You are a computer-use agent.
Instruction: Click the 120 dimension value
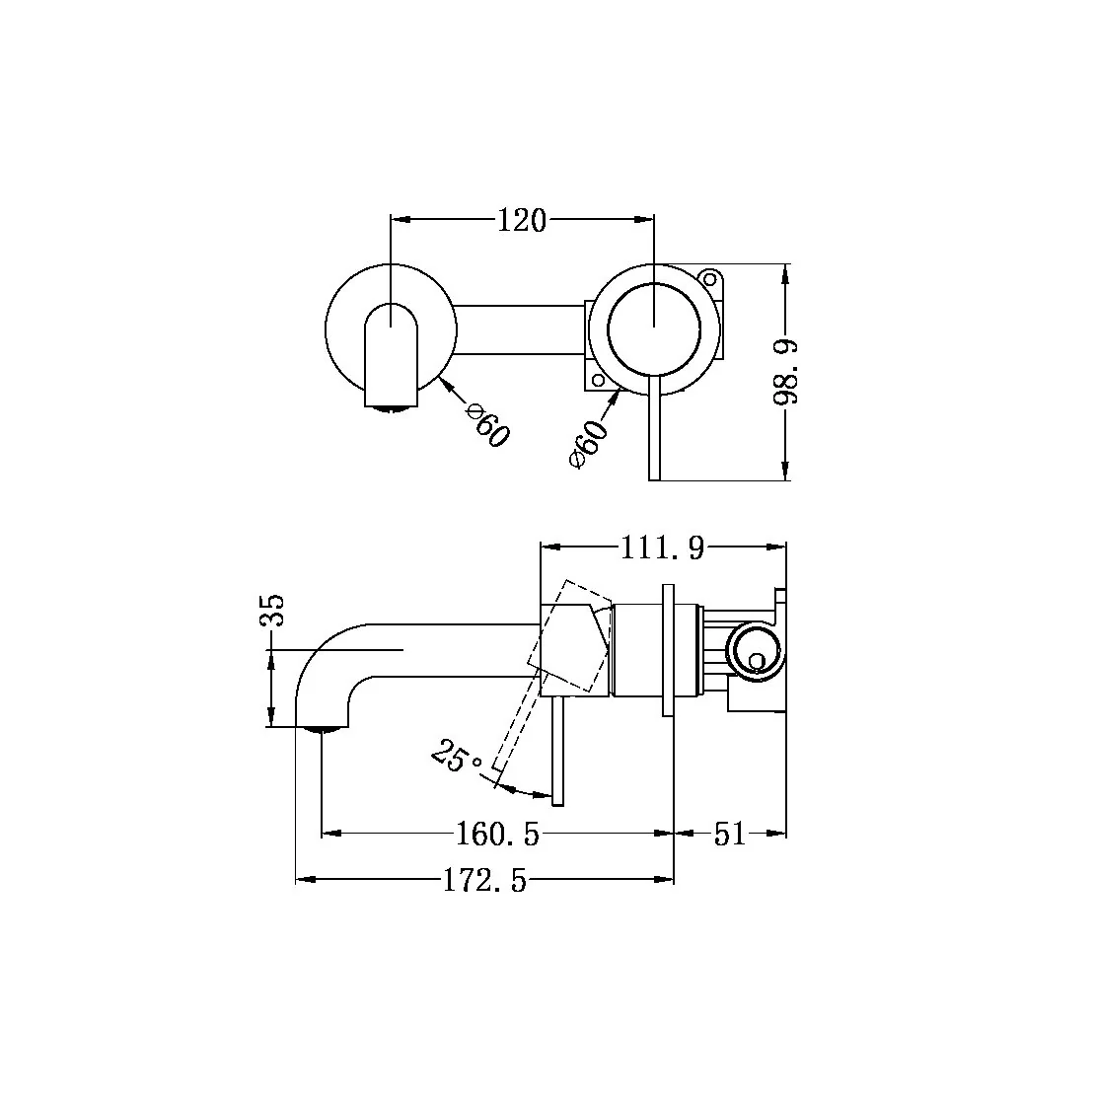tap(521, 221)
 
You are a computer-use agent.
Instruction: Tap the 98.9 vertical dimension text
tap(787, 372)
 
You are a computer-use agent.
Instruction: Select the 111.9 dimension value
tap(662, 547)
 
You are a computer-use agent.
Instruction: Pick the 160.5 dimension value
tap(498, 835)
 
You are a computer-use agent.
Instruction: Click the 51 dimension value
tap(729, 835)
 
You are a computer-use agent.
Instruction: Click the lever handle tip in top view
tap(653, 474)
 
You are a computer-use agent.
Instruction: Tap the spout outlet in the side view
tap(324, 729)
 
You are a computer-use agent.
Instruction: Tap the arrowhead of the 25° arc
tap(505, 786)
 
